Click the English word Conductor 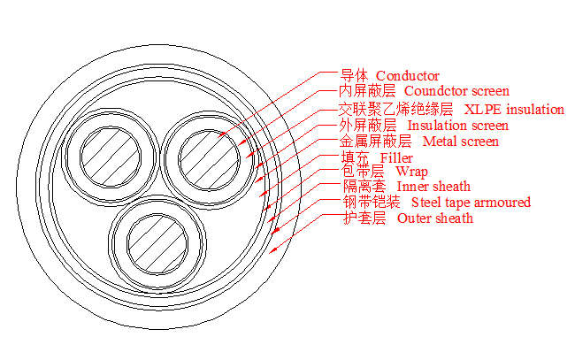point(408,76)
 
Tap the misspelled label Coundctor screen point(456,91)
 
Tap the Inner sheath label point(433,187)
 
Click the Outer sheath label point(434,218)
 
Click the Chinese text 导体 point(354,76)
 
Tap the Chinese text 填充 point(354,157)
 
